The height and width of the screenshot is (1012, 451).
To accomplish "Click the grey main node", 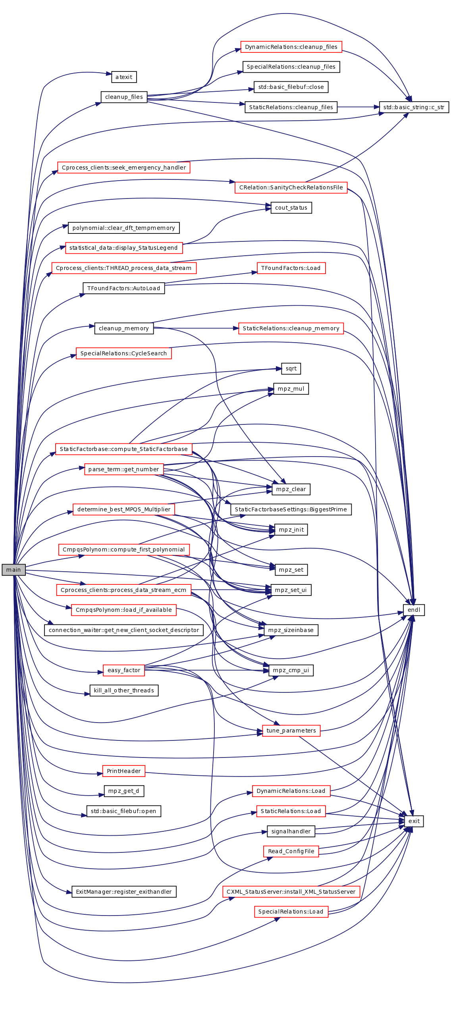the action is [x=13, y=570].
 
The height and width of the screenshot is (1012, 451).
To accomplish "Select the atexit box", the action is [x=124, y=77].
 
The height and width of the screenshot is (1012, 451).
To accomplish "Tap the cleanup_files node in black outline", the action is [x=124, y=97].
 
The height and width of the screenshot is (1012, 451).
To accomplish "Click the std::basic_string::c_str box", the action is [x=414, y=107].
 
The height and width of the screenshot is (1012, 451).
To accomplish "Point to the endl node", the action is [x=414, y=610].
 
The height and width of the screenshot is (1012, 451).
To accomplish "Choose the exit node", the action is [x=414, y=821].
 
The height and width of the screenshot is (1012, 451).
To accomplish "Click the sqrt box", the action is [x=291, y=368].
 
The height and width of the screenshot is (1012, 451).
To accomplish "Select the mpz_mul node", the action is [x=291, y=389].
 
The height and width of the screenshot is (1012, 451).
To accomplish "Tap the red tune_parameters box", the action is [x=291, y=731].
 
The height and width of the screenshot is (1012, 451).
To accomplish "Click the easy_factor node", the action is [x=124, y=670].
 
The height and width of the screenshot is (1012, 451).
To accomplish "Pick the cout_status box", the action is [x=291, y=208].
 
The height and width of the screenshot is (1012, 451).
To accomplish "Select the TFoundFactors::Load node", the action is [x=291, y=268].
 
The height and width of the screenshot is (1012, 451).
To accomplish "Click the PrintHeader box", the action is [x=124, y=771].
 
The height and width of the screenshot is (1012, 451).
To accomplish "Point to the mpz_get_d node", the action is [x=124, y=791].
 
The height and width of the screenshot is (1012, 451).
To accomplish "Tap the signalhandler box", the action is [x=291, y=831].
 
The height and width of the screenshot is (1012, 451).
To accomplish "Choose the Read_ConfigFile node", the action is [x=291, y=851].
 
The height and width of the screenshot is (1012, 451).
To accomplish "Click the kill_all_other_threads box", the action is [x=124, y=690].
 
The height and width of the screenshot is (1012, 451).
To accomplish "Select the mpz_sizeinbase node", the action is [x=291, y=630].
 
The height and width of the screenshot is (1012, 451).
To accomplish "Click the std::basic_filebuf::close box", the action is [x=291, y=87].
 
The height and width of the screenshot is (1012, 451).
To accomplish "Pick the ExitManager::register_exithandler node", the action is [x=124, y=892].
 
